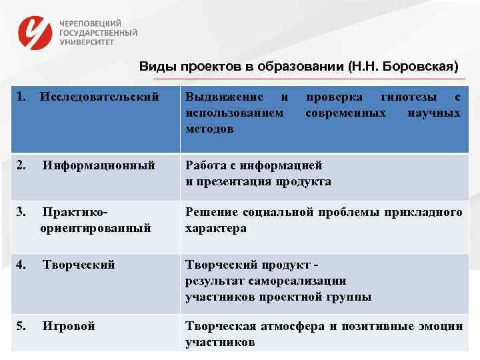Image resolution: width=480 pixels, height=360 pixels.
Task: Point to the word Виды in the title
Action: pyautogui.click(x=154, y=67)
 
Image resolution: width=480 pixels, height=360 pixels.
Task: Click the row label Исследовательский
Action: pyautogui.click(x=99, y=97)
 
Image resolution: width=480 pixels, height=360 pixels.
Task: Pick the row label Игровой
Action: pyautogui.click(x=69, y=326)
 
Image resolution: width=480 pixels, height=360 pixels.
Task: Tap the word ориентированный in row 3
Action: pyautogui.click(x=95, y=228)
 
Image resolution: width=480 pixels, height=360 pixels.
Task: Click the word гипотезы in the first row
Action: pyautogui.click(x=405, y=97)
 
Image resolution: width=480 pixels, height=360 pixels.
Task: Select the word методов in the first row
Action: pyautogui.click(x=209, y=129)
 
